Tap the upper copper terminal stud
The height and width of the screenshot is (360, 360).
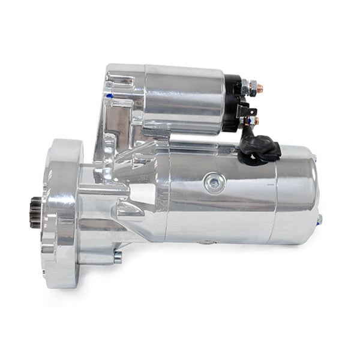(259, 88)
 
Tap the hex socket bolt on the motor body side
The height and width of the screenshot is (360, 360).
(214, 183)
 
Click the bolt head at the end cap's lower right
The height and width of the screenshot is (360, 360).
(319, 219)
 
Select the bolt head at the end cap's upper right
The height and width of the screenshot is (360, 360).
(314, 158)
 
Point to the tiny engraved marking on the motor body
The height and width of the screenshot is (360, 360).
(265, 185)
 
